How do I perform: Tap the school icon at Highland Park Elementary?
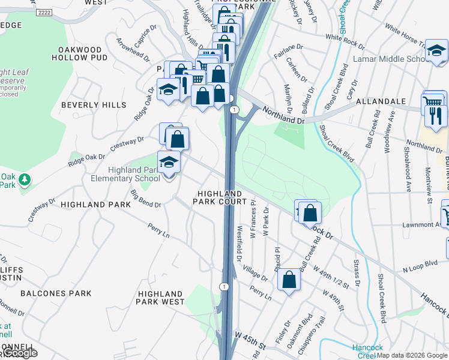(x=169, y=163)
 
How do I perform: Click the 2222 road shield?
(x=44, y=12)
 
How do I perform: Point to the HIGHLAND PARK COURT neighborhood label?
(x=219, y=198)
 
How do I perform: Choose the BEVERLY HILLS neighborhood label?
(x=94, y=105)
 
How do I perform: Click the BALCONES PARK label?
(x=56, y=293)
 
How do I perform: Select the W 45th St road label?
(x=250, y=343)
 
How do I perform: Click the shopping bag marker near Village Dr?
(x=289, y=280)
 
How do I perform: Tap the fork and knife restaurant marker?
(x=436, y=115)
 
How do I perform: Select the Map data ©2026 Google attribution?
(x=412, y=355)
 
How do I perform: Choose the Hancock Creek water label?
(x=362, y=352)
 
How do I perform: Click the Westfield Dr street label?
(x=240, y=244)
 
